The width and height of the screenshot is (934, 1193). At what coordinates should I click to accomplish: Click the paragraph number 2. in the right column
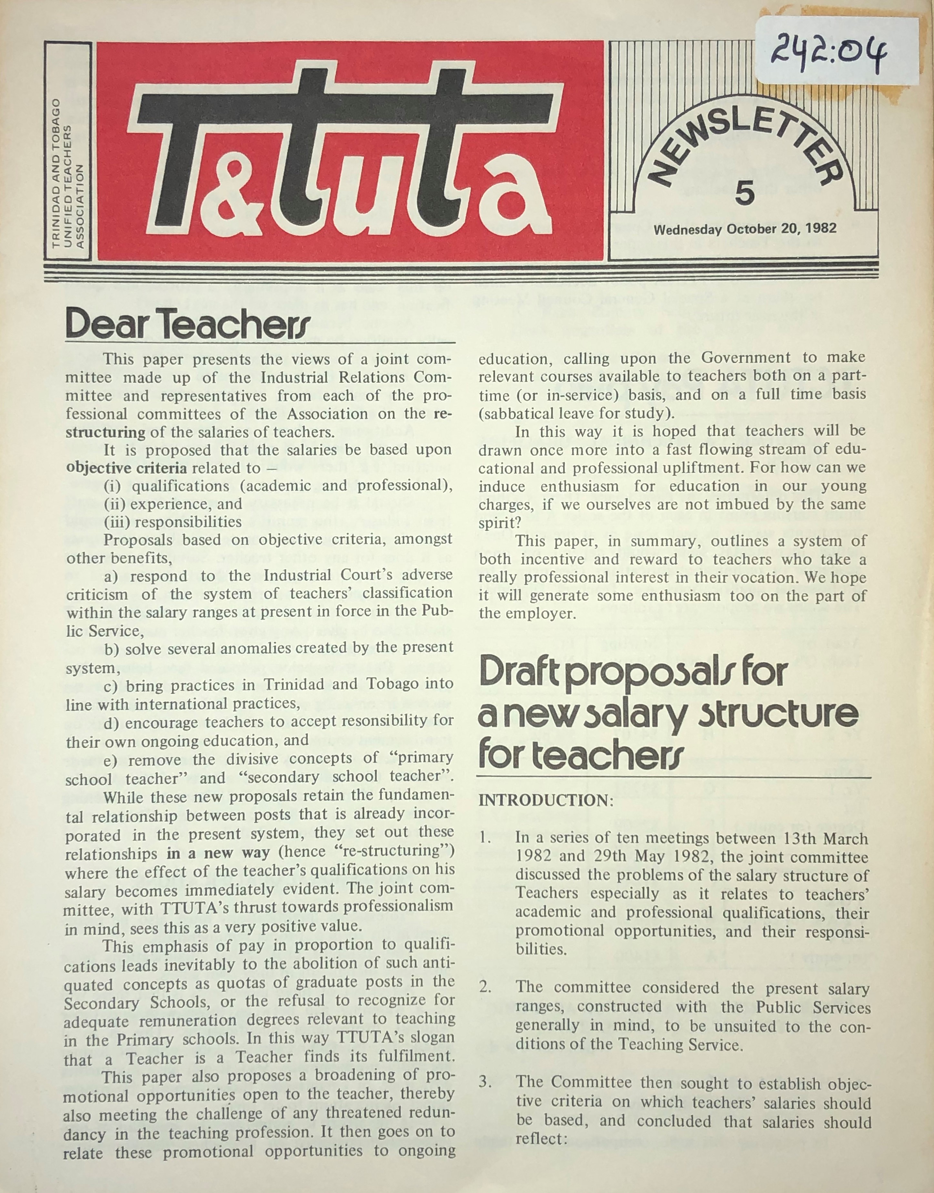[485, 988]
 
